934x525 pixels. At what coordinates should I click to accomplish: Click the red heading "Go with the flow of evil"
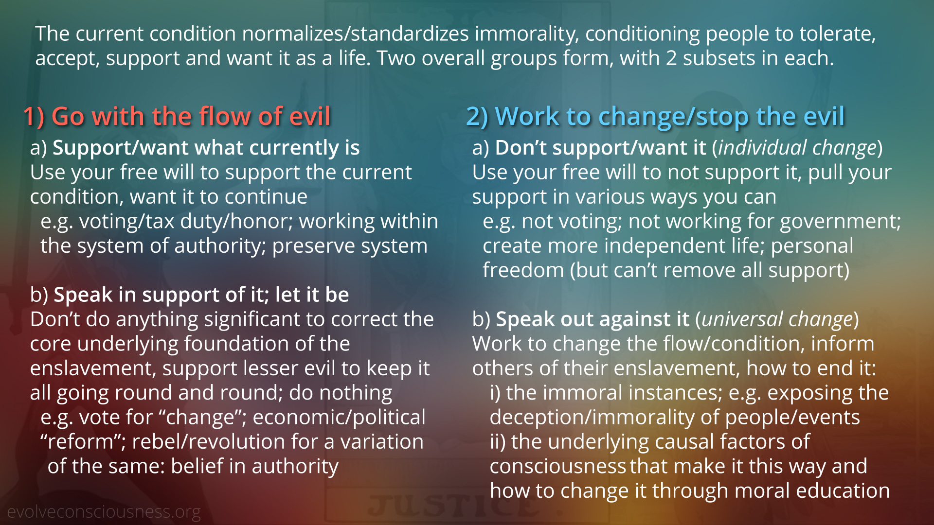191,117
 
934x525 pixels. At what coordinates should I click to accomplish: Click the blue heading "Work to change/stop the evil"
670,117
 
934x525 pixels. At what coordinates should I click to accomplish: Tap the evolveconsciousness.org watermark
104,512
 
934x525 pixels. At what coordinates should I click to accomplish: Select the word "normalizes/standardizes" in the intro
355,34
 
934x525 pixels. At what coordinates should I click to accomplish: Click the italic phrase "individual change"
797,148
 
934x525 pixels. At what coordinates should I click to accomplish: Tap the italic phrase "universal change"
777,319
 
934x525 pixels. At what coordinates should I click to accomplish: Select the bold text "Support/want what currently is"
206,148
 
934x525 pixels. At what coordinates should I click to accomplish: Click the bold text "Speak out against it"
593,319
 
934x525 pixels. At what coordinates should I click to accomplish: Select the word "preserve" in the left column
312,246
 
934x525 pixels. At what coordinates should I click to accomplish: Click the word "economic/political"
339,418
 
